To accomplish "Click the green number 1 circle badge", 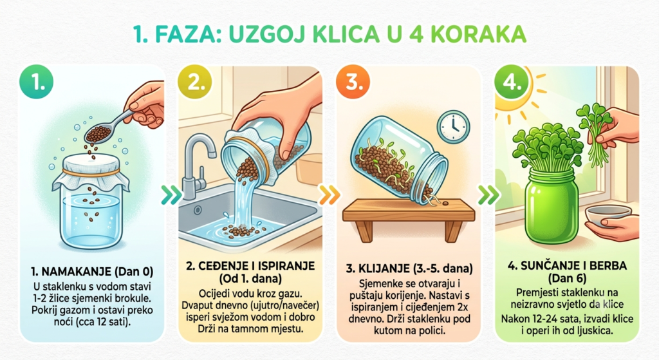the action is click(37, 82).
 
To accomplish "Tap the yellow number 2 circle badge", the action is click(195, 82).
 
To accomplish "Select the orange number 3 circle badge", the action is click(353, 82).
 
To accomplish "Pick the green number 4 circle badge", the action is click(512, 82).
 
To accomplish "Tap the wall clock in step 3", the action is click(453, 127).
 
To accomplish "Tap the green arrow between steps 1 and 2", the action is click(171, 194).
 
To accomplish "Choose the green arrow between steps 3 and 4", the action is click(488, 194).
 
